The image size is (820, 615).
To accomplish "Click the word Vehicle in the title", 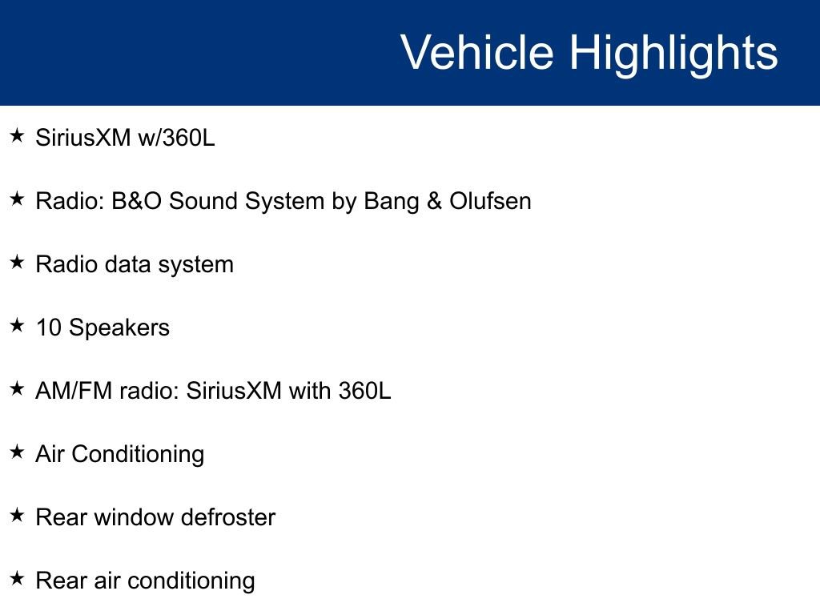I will (x=476, y=53).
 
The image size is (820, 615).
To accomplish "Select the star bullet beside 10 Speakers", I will (x=17, y=325).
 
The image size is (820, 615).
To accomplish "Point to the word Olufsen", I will (x=490, y=200).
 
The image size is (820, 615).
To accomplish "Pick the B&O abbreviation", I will (x=137, y=200).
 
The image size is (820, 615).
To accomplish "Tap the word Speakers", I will (x=119, y=328).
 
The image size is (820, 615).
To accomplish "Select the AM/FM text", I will (x=69, y=391).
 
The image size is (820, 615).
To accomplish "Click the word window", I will (x=134, y=517).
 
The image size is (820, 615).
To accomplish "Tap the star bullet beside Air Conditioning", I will (x=17, y=452).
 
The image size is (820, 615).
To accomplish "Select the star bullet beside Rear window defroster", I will (x=17, y=515).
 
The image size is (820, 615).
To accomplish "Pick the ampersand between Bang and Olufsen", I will (x=434, y=200).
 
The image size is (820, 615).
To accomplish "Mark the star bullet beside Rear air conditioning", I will (x=17, y=578).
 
